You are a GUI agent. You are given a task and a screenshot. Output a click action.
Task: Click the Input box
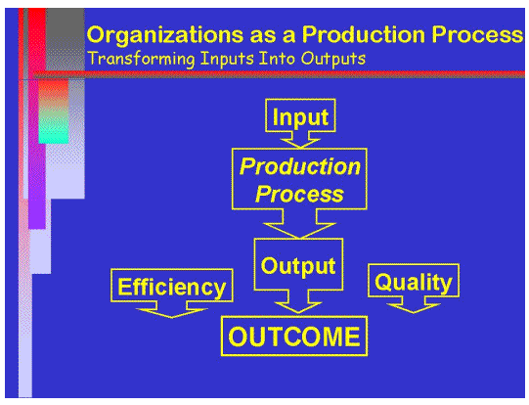[x=300, y=117]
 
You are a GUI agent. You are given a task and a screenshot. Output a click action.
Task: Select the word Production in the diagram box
[x=300, y=166]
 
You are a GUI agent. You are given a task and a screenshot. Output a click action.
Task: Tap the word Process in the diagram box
[x=299, y=193]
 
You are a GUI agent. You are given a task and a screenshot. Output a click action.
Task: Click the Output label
[x=299, y=265]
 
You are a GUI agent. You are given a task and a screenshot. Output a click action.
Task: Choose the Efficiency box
[x=172, y=287]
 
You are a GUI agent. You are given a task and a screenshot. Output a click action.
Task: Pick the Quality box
[x=414, y=283]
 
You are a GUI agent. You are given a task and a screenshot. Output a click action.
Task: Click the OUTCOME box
[x=294, y=337]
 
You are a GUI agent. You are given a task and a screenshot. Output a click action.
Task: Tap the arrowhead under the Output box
[x=299, y=302]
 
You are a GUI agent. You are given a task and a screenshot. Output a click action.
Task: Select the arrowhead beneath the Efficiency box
[x=171, y=310]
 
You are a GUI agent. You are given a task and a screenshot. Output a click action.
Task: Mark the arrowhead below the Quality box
[x=413, y=306]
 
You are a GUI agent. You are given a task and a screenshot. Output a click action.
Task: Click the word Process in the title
[x=473, y=35]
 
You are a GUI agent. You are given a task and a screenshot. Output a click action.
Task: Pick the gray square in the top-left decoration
[x=64, y=39]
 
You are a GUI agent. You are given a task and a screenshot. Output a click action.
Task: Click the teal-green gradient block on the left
[x=54, y=122]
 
